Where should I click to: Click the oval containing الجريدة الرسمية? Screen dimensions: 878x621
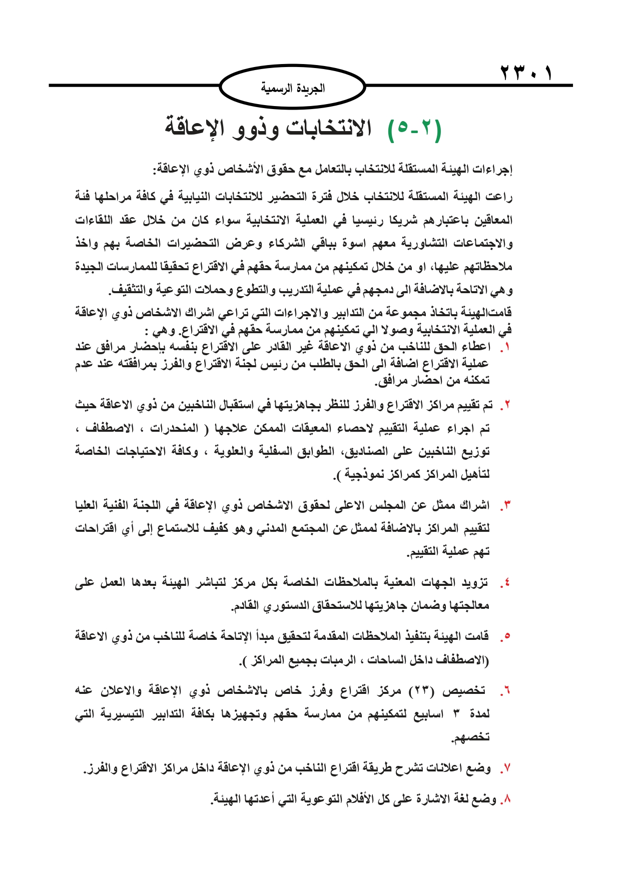(293, 89)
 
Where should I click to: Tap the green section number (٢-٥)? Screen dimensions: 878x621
(415, 130)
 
